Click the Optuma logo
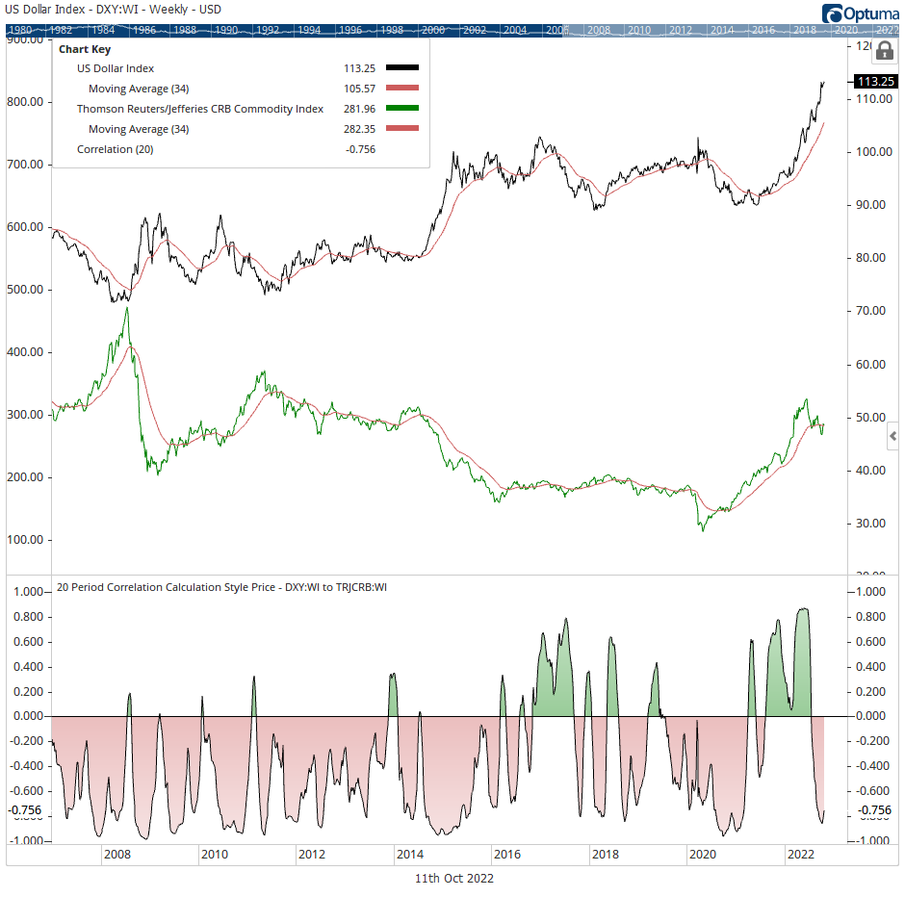pos(860,13)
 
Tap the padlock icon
pos(883,52)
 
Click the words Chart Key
pos(84,48)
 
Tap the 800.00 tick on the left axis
pos(27,102)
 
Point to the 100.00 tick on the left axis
pos(27,540)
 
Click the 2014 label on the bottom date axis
pos(409,854)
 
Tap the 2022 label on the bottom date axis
pos(801,854)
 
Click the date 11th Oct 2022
pos(453,879)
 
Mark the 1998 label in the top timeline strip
pos(392,30)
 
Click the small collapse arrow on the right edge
pos(892,438)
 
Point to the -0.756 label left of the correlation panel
pos(25,810)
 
